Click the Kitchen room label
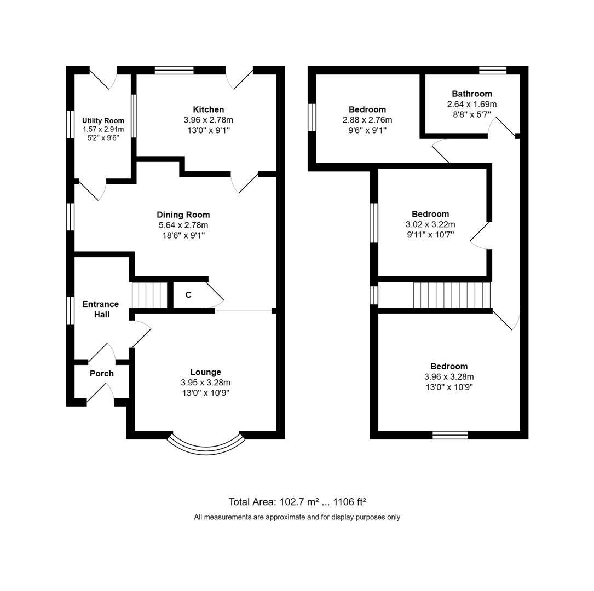208,109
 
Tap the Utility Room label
103,120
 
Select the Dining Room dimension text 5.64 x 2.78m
183,225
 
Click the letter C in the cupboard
188,295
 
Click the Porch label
101,373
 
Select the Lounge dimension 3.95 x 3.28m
205,383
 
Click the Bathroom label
471,94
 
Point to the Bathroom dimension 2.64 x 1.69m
471,104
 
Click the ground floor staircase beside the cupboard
149,295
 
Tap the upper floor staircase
451,295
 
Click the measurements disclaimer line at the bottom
297,517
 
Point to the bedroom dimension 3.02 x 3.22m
430,224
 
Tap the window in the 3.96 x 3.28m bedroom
450,435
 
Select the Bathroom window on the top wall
492,69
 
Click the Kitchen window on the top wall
174,69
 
